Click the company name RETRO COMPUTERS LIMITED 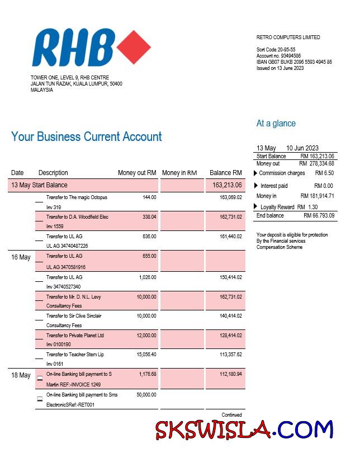point(288,37)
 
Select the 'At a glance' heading point(276,124)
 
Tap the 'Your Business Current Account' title point(87,137)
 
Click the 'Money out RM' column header point(137,173)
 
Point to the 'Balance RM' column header point(225,173)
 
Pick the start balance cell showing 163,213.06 point(227,185)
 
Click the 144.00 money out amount point(149,197)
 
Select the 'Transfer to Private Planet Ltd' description point(75,336)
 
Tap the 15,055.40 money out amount point(145,355)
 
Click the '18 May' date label point(21,375)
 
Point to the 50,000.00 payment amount point(145,395)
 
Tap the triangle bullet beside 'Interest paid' point(257,186)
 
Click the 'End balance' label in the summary point(270,215)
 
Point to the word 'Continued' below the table point(231,415)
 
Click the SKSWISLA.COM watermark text point(244,431)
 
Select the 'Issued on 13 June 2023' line point(280,68)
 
